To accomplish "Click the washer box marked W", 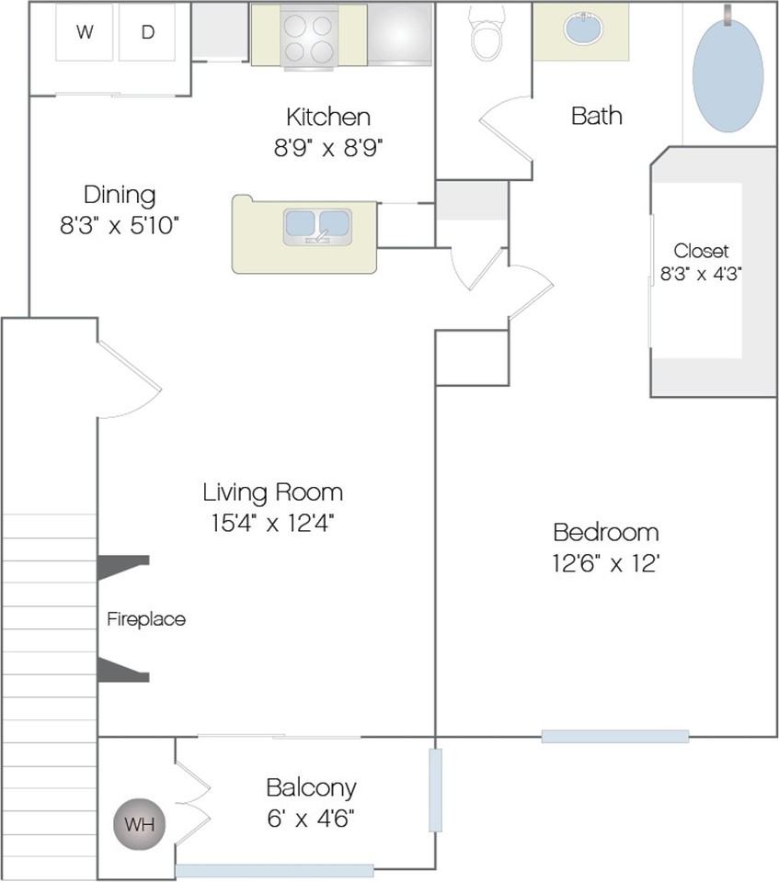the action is (x=85, y=32).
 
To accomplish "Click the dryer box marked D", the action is (x=147, y=32).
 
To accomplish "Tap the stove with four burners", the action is (x=309, y=37).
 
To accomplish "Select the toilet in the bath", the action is (x=487, y=33).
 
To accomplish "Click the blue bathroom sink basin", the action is (x=583, y=28).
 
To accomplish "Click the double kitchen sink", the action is (x=317, y=226).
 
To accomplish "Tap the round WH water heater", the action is (x=139, y=824).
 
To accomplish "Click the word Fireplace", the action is (x=146, y=619).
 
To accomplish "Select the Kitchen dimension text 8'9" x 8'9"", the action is (x=328, y=148).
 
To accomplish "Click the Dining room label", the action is (x=120, y=195).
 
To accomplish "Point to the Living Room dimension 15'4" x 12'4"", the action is (x=273, y=523).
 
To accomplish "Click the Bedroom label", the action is (x=606, y=532).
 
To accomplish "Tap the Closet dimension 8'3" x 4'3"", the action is (x=701, y=274).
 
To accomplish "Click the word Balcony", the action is (x=312, y=788).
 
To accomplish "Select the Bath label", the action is (x=597, y=116).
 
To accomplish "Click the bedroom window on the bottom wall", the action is (x=615, y=736).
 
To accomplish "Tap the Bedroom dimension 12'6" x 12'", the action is (x=606, y=563).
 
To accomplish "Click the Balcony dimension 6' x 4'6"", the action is (x=311, y=819).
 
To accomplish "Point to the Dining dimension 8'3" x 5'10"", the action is (x=120, y=226).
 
